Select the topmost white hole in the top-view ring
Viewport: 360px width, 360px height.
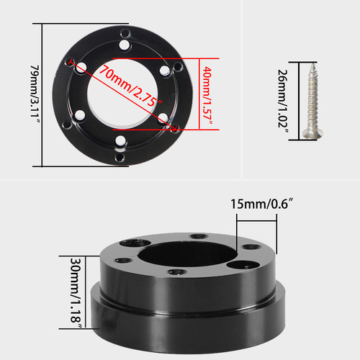pyautogui.click(x=126, y=45)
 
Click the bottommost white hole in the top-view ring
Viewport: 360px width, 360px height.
pyautogui.click(x=120, y=140)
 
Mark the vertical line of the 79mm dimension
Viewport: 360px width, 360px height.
pyautogui.click(x=45, y=94)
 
